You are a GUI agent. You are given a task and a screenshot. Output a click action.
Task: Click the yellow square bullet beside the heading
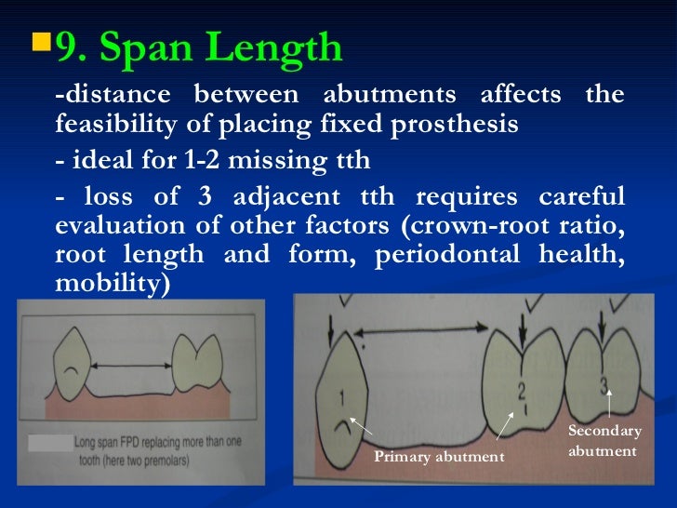point(40,43)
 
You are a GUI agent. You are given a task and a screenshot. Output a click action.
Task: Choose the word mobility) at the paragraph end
point(113,285)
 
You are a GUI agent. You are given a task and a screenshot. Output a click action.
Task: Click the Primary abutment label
point(438,457)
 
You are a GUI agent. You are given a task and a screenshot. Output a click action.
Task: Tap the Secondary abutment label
point(604,441)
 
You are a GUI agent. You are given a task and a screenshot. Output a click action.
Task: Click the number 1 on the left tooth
point(340,400)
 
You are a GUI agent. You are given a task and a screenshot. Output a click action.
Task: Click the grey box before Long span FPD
point(48,445)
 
